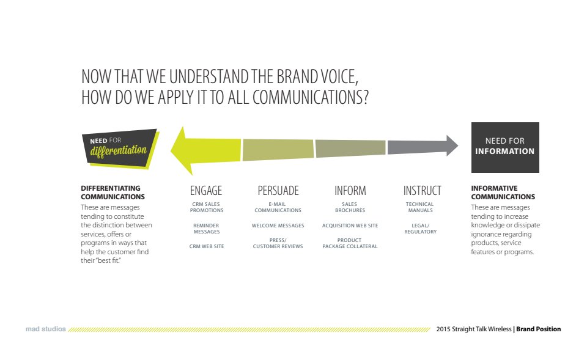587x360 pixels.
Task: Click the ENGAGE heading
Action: pyautogui.click(x=206, y=191)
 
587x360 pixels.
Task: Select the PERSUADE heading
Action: pyautogui.click(x=278, y=191)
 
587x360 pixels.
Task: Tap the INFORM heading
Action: pyautogui.click(x=350, y=191)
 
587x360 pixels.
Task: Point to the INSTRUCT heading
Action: pyautogui.click(x=423, y=191)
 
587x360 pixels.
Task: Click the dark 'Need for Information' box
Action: pyautogui.click(x=505, y=147)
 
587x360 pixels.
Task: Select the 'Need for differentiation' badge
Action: pyautogui.click(x=120, y=149)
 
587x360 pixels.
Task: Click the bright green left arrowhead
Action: pyautogui.click(x=183, y=151)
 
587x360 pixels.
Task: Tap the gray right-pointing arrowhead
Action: pyautogui.click(x=452, y=145)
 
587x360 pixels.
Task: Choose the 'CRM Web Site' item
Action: pyautogui.click(x=207, y=246)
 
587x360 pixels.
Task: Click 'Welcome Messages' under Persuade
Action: pyautogui.click(x=278, y=226)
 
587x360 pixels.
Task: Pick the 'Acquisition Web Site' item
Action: pyautogui.click(x=350, y=226)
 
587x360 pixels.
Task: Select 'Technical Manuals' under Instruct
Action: pyautogui.click(x=420, y=207)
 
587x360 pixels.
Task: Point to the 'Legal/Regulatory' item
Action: pyautogui.click(x=421, y=229)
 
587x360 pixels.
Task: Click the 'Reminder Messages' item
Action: pyautogui.click(x=206, y=229)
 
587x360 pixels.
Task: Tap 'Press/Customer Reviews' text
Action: pyautogui.click(x=278, y=243)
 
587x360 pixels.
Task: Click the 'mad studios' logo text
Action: pyautogui.click(x=46, y=329)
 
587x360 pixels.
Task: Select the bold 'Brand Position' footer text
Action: pyautogui.click(x=538, y=329)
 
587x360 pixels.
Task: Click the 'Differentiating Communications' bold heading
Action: pyautogui.click(x=113, y=193)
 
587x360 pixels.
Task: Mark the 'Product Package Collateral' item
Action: pyautogui.click(x=350, y=243)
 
